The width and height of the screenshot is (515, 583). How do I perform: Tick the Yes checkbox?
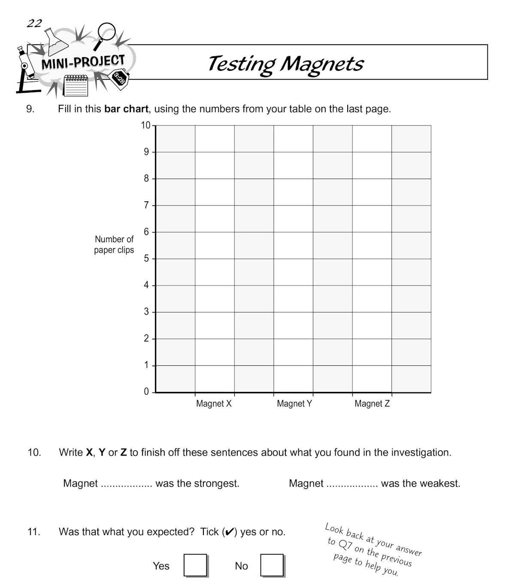(195, 565)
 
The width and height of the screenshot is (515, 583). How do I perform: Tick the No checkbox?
(272, 565)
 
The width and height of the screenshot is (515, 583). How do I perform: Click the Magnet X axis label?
(214, 404)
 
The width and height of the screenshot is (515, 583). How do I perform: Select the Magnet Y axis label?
(294, 404)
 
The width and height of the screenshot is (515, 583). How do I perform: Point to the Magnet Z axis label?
(372, 404)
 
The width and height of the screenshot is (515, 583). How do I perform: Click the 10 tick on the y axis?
(146, 125)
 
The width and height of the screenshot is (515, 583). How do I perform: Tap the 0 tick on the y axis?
(146, 392)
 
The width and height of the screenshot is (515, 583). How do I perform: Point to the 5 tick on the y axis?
(146, 258)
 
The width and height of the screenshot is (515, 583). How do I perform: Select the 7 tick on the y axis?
(146, 205)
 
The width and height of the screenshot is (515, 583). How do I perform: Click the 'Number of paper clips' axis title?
(114, 245)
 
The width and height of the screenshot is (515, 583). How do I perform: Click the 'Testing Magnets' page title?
(285, 64)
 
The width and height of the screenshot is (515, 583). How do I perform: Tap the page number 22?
(34, 23)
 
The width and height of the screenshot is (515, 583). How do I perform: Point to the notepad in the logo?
(76, 85)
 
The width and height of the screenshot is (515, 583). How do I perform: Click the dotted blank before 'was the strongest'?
(126, 484)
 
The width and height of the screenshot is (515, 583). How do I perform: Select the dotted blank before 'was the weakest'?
(352, 484)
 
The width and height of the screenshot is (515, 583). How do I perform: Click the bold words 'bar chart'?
(126, 109)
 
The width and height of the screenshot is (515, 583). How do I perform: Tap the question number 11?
(34, 532)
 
